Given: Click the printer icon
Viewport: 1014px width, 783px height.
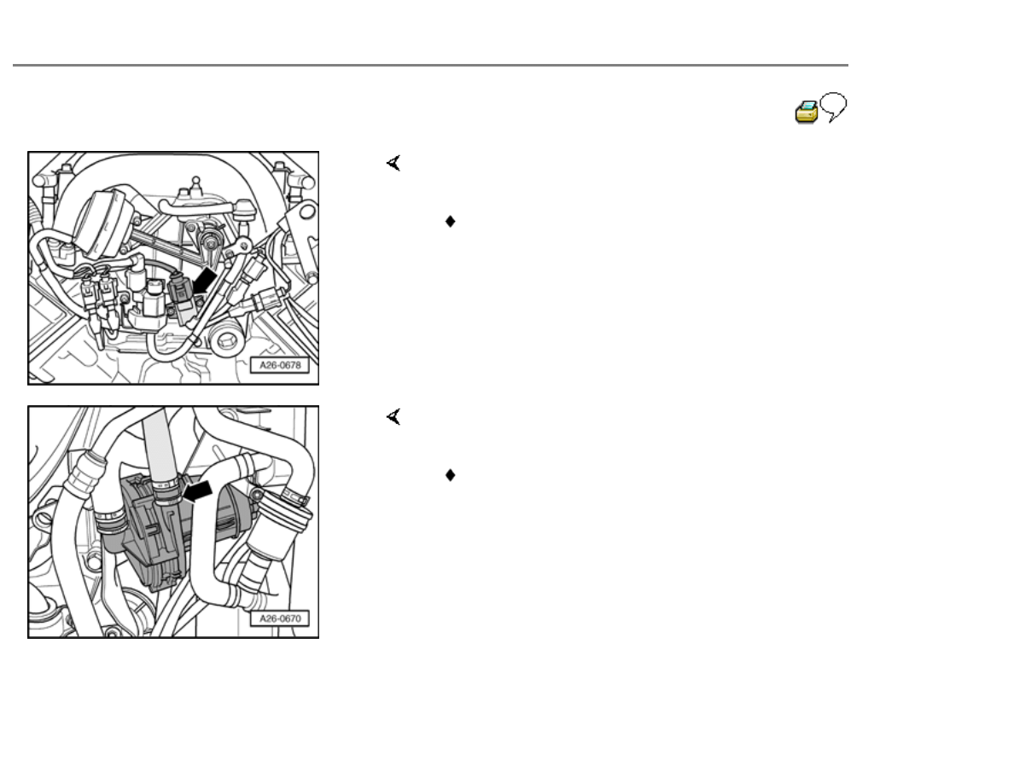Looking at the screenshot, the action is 806,112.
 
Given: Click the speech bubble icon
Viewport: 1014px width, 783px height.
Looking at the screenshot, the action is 834,107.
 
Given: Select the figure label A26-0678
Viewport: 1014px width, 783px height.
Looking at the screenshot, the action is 280,365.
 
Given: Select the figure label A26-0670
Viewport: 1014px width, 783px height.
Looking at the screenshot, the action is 280,618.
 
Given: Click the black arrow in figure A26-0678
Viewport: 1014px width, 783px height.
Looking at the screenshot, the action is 204,282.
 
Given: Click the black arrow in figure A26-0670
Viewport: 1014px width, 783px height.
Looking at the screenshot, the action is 198,490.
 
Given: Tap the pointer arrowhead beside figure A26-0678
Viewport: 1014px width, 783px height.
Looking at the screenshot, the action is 393,163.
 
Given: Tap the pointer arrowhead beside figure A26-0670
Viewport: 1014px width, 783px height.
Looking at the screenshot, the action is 393,417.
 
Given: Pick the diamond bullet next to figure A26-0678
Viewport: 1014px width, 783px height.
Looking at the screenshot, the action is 450,222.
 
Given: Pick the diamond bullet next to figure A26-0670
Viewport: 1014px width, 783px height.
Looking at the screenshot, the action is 450,475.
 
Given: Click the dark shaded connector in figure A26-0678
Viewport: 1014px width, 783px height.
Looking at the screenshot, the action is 182,297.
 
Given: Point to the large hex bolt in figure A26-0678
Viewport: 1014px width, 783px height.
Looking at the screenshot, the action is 226,339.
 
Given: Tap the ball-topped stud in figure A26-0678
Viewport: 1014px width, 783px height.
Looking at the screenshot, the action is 195,187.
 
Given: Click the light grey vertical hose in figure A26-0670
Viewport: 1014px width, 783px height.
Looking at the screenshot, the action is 159,446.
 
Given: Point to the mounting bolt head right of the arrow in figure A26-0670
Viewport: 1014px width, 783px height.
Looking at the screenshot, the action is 258,495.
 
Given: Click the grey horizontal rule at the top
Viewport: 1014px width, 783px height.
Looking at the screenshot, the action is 430,65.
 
